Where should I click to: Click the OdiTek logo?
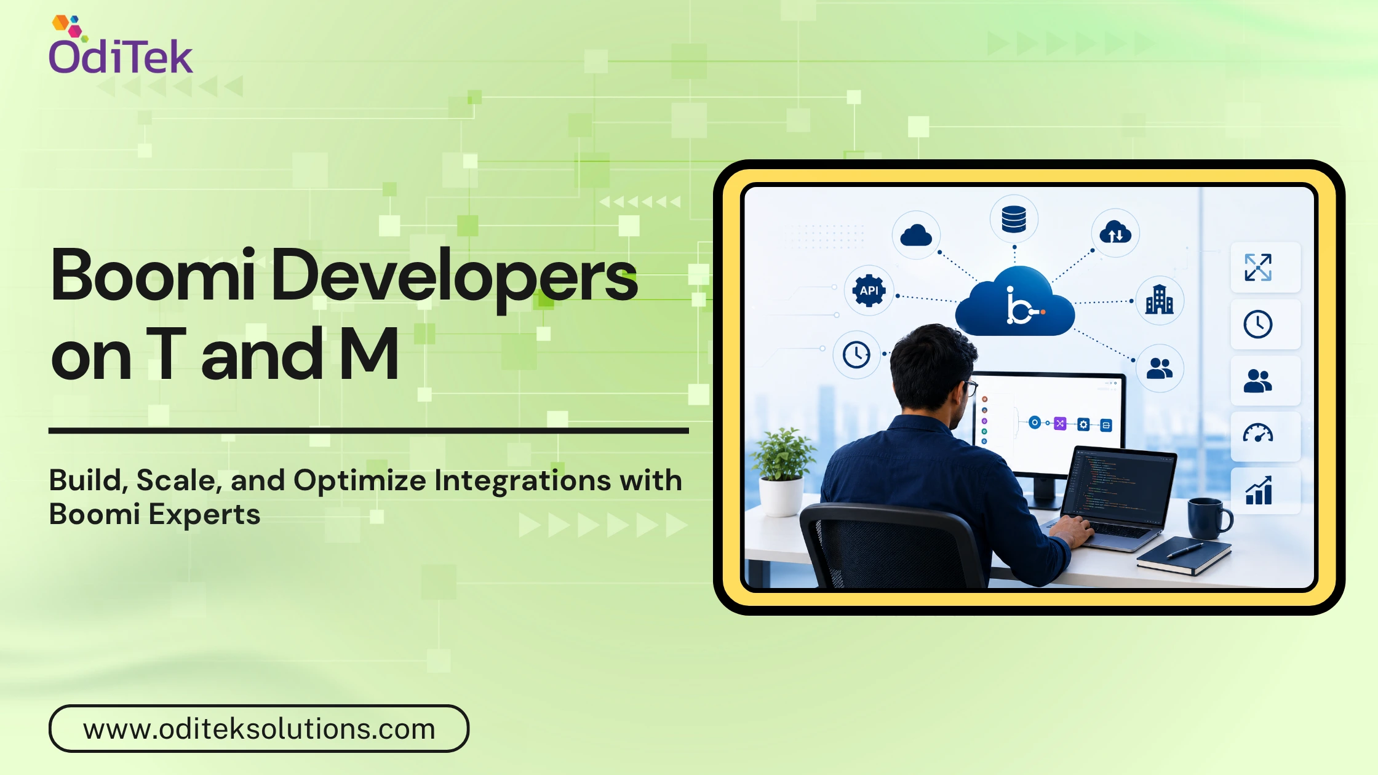pyautogui.click(x=121, y=45)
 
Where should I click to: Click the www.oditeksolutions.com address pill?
pyautogui.click(x=259, y=728)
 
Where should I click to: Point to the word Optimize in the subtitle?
pyautogui.click(x=359, y=480)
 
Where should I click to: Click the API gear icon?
pyautogui.click(x=869, y=290)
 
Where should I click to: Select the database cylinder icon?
pyautogui.click(x=1014, y=219)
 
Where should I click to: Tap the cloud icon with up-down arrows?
pyautogui.click(x=1115, y=232)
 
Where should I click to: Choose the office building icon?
pyautogui.click(x=1159, y=300)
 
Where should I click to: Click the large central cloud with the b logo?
pyautogui.click(x=1015, y=301)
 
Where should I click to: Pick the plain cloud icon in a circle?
pyautogui.click(x=916, y=235)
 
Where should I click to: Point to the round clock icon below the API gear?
pyautogui.click(x=856, y=354)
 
